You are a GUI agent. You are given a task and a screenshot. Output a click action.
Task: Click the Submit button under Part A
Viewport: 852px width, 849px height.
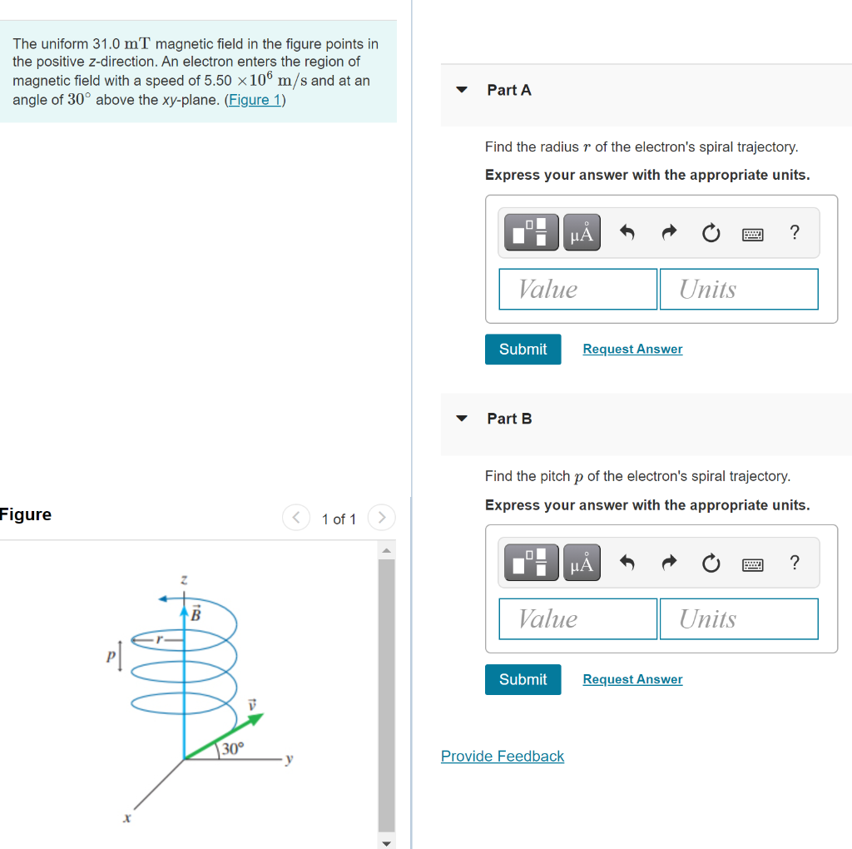[x=523, y=350]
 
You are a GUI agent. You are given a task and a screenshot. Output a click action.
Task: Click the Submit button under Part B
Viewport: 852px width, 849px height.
[x=523, y=679]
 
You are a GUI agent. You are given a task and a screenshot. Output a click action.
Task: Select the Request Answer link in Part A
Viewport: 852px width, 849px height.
[x=632, y=350]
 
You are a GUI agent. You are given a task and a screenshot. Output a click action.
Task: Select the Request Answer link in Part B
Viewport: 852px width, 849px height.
[x=632, y=679]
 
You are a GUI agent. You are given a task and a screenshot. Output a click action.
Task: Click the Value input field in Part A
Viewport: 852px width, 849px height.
[x=577, y=289]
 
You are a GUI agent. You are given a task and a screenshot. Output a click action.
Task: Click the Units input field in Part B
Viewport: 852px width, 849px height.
[x=738, y=618]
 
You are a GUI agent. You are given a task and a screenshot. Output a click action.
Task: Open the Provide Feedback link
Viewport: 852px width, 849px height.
[x=503, y=756]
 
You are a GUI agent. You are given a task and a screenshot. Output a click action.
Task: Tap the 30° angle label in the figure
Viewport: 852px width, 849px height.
[x=232, y=747]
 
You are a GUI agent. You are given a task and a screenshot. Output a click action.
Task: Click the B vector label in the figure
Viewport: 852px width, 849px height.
[x=196, y=615]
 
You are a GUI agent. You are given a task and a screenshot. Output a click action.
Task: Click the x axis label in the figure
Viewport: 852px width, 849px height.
[x=126, y=819]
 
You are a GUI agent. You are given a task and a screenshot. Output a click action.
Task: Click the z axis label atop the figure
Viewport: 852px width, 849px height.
[x=184, y=578]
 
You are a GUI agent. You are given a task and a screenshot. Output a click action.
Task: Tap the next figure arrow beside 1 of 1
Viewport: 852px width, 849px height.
[x=381, y=518]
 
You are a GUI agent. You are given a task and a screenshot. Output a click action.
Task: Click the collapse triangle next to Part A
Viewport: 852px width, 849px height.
[x=462, y=90]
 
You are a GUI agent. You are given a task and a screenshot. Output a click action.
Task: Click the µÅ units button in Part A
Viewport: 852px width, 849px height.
[x=582, y=233]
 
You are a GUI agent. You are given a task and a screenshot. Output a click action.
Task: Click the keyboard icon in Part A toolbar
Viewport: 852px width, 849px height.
[x=752, y=234]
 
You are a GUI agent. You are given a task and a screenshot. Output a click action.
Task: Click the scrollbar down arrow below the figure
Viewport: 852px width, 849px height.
[x=386, y=842]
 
